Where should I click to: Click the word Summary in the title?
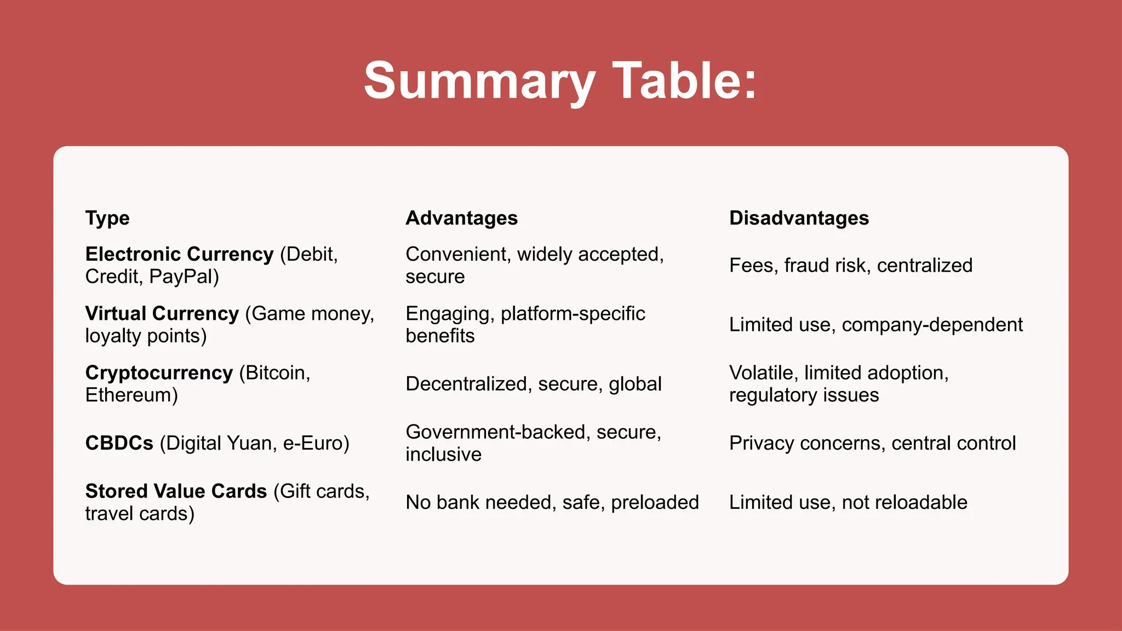tap(479, 81)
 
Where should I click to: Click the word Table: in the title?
tap(684, 81)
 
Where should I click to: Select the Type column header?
tap(107, 218)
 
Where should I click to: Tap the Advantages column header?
tap(461, 218)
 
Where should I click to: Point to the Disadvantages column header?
tap(799, 218)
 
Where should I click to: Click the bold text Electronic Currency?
tap(179, 254)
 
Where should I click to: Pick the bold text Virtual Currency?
tap(162, 313)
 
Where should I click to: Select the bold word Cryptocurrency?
tap(159, 372)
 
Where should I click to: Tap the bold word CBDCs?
tap(119, 443)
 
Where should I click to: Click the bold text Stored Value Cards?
tap(176, 491)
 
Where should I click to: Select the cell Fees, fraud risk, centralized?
tap(850, 265)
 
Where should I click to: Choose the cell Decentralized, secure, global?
tap(533, 383)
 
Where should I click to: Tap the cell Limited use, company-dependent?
tap(875, 324)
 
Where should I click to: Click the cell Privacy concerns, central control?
tap(872, 443)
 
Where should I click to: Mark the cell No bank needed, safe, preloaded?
tap(552, 502)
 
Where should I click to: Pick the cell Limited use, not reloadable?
tap(848, 502)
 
